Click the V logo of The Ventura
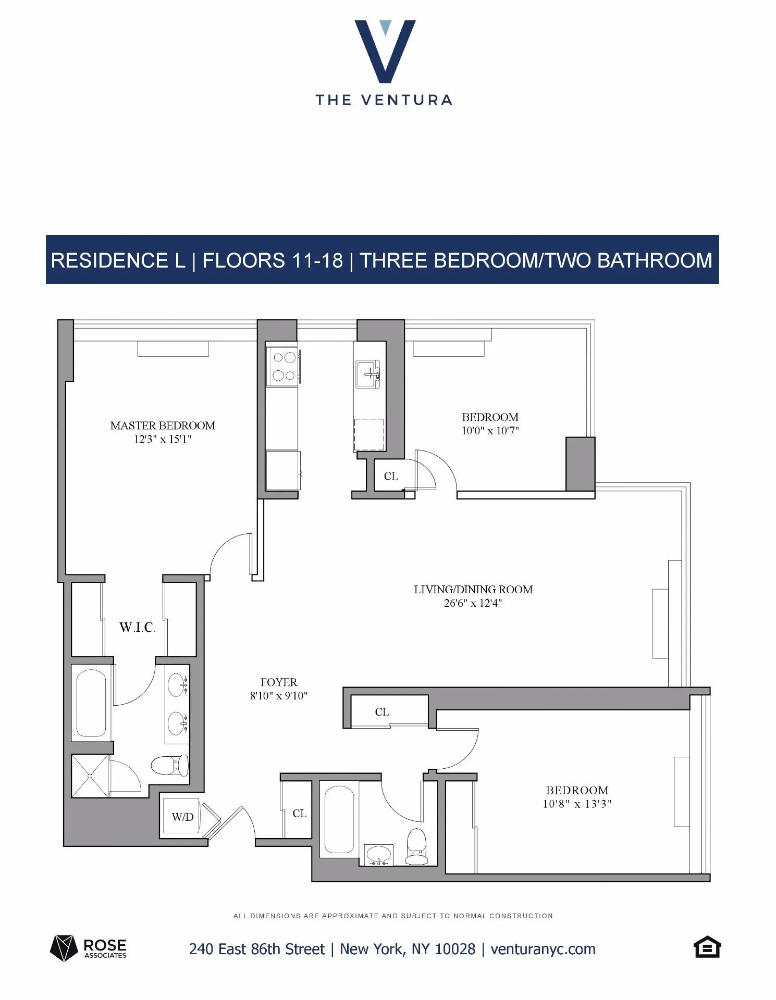click(x=385, y=51)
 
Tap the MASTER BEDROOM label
click(x=163, y=426)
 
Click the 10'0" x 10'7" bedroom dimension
click(x=490, y=431)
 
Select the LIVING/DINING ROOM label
click(x=473, y=590)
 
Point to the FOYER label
click(x=279, y=682)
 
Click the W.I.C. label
click(x=137, y=627)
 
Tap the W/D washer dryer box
click(x=182, y=817)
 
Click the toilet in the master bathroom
click(x=170, y=765)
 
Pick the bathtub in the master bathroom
click(x=91, y=703)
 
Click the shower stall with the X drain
click(x=90, y=776)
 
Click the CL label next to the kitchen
click(x=391, y=477)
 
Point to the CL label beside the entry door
click(x=300, y=814)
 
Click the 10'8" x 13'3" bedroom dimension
click(x=577, y=804)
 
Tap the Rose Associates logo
click(x=89, y=948)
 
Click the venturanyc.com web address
click(x=543, y=949)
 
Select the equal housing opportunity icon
click(x=707, y=947)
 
